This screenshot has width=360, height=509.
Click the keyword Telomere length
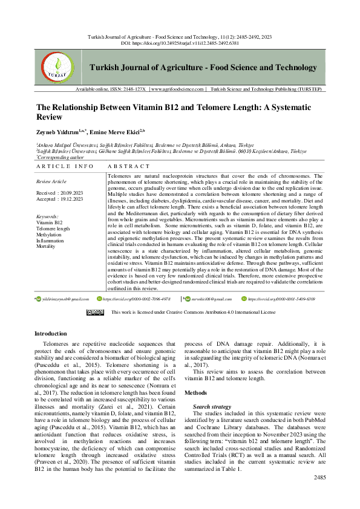tap(53, 229)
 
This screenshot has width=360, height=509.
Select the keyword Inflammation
tap(51, 241)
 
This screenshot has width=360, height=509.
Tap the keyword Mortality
tap(46, 247)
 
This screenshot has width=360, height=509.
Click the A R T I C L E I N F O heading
tap(65, 166)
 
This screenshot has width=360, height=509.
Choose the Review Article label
tap(51, 181)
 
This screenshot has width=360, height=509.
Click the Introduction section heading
tap(51, 333)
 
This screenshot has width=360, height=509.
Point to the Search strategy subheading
tap(212, 407)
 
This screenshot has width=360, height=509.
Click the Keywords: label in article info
tap(48, 216)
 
